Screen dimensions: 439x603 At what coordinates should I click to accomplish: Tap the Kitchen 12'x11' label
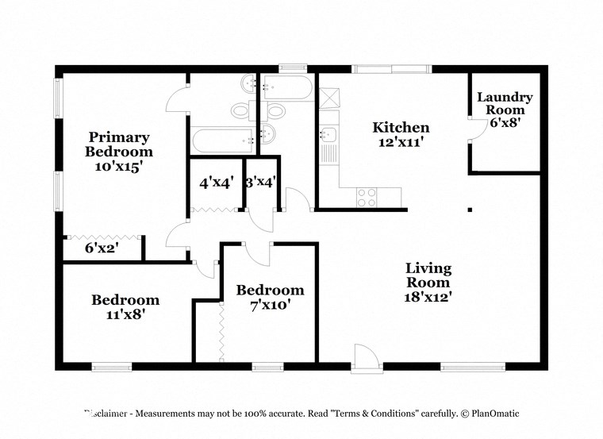(x=401, y=134)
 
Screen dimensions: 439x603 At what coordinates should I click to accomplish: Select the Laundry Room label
(x=504, y=110)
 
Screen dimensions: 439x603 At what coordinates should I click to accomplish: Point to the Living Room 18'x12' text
(x=428, y=282)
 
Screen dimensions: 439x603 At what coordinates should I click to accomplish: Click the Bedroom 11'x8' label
(x=125, y=306)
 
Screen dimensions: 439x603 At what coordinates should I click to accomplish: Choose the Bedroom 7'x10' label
(x=271, y=297)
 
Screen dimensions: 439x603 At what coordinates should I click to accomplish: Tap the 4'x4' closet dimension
(x=215, y=183)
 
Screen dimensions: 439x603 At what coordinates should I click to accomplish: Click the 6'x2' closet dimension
(x=102, y=248)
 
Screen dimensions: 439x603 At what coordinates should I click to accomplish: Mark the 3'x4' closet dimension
(x=261, y=183)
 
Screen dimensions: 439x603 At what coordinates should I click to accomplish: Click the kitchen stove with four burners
(x=367, y=198)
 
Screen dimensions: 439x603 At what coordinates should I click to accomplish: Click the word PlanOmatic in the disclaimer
(x=492, y=414)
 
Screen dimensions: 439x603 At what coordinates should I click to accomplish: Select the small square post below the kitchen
(x=470, y=210)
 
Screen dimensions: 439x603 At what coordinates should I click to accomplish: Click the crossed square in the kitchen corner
(x=328, y=98)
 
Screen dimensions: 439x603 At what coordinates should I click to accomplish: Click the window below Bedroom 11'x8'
(x=111, y=367)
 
